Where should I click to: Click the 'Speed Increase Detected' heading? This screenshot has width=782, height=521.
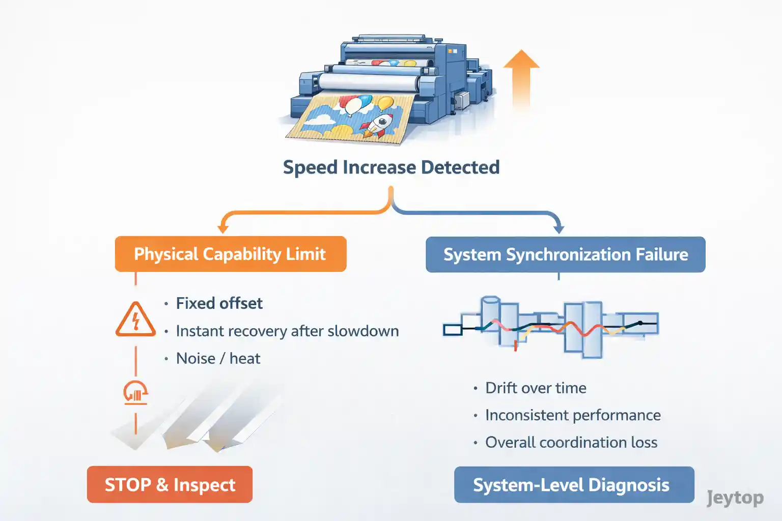391,167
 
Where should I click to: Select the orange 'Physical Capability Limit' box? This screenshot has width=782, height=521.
231,254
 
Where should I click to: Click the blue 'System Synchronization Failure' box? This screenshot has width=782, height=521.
565,254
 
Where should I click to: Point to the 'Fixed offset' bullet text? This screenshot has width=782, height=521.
219,303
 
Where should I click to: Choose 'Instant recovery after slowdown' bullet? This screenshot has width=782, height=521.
287,331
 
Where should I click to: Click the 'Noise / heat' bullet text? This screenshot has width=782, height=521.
218,359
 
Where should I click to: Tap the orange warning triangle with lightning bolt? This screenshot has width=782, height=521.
135,321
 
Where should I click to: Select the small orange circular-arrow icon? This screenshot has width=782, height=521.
135,392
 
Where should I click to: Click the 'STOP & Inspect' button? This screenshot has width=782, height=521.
170,485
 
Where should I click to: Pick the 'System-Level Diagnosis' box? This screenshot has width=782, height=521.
574,485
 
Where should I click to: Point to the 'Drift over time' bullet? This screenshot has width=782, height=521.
535,388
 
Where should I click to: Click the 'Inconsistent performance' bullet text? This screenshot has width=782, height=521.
572,415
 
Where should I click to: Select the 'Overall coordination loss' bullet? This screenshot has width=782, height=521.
571,443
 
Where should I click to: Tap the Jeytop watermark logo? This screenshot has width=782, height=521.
735,498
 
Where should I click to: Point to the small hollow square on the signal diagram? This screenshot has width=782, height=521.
452,330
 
